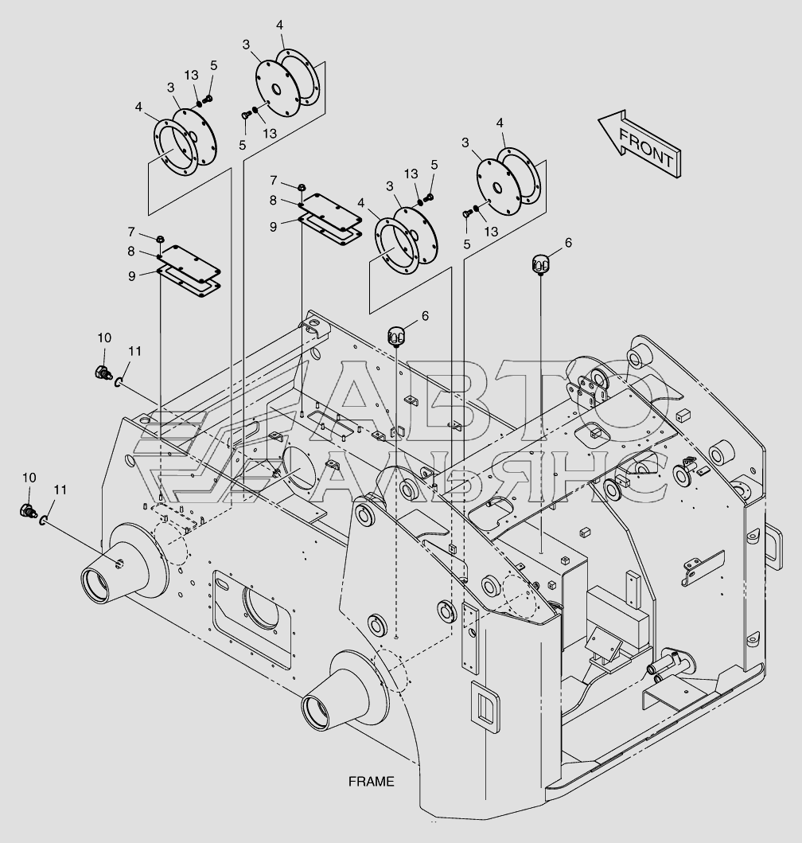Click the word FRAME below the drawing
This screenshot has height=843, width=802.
tap(371, 781)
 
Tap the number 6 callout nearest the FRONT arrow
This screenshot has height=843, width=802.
tap(567, 242)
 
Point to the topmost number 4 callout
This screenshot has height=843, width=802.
tap(280, 25)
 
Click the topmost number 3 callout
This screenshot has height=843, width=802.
tap(247, 44)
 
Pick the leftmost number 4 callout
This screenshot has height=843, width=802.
tap(138, 106)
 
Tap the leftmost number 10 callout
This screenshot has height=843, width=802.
tap(29, 478)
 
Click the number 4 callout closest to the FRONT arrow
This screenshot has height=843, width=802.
tap(500, 123)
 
